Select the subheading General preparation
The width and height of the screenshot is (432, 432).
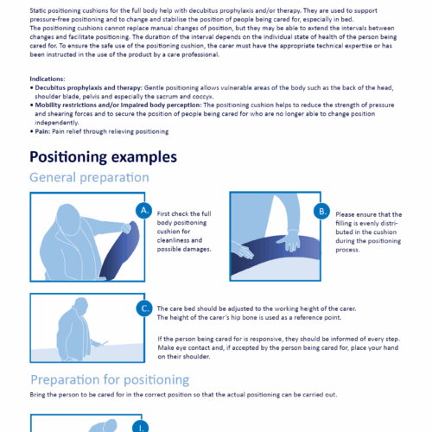[x=89, y=178]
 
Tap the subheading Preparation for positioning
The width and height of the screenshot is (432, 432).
[x=111, y=378]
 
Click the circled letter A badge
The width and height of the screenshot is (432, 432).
[x=144, y=211]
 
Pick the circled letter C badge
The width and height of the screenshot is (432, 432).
[x=144, y=307]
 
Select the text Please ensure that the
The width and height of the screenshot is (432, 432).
[x=366, y=214]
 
